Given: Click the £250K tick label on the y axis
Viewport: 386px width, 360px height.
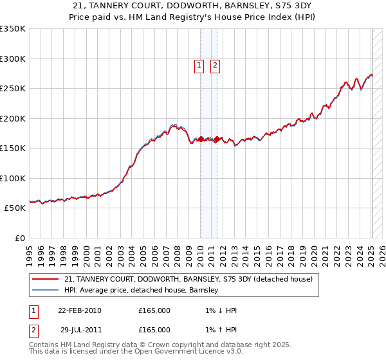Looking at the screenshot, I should [13, 89].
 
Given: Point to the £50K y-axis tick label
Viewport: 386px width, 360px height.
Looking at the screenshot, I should [15, 208].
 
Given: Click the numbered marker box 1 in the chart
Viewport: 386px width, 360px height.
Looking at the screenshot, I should [199, 65].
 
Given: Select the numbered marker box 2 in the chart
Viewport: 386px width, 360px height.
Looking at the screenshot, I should [214, 65].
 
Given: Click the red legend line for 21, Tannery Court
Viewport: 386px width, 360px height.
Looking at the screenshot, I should [45, 279].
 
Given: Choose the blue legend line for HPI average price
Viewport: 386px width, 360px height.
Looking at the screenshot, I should [45, 290].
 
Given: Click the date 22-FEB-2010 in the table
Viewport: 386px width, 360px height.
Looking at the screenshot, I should [79, 310].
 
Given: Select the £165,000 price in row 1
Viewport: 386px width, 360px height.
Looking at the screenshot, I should [154, 310].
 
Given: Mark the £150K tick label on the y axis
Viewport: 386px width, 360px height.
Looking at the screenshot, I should [13, 148].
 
